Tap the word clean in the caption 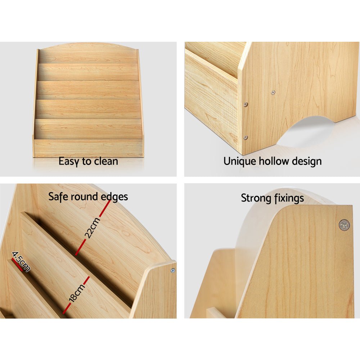[106, 161]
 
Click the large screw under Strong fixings [344, 225]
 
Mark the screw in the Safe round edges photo [173, 270]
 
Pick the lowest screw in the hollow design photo [246, 138]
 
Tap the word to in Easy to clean [87, 161]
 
